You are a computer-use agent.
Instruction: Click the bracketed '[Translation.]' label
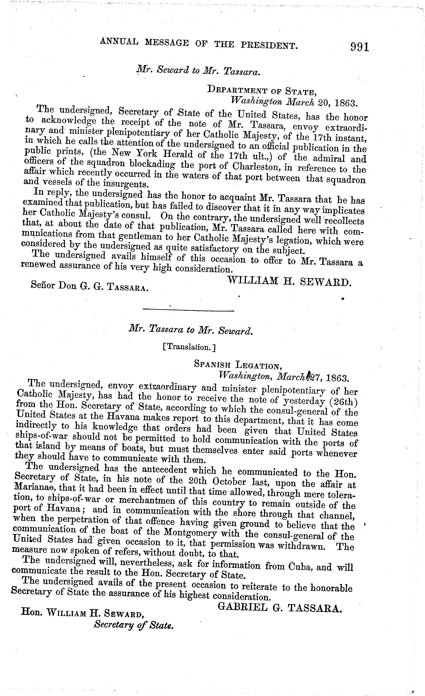(x=189, y=347)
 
